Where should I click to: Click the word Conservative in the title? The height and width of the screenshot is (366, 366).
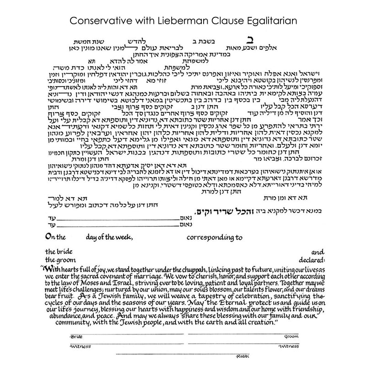coord(99,21)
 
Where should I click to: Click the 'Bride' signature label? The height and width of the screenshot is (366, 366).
coord(77,336)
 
